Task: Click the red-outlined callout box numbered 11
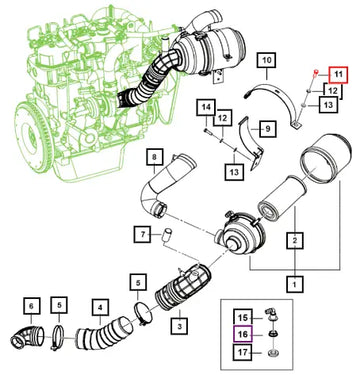[x=338, y=75]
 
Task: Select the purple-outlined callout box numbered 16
[x=243, y=334]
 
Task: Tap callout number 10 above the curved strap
[x=267, y=61]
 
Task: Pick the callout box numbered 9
[x=268, y=128]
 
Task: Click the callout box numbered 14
[x=206, y=107]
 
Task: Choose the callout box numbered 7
[x=143, y=235]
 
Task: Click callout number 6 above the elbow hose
[x=31, y=306]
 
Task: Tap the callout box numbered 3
[x=179, y=326]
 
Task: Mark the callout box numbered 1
[x=295, y=284]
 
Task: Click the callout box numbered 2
[x=295, y=240]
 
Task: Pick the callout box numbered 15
[x=243, y=318]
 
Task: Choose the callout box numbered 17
[x=243, y=352]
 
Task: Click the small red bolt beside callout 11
[x=317, y=73]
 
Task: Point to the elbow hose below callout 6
[x=27, y=337]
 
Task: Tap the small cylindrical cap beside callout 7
[x=166, y=235]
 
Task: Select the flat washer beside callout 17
[x=273, y=352]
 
